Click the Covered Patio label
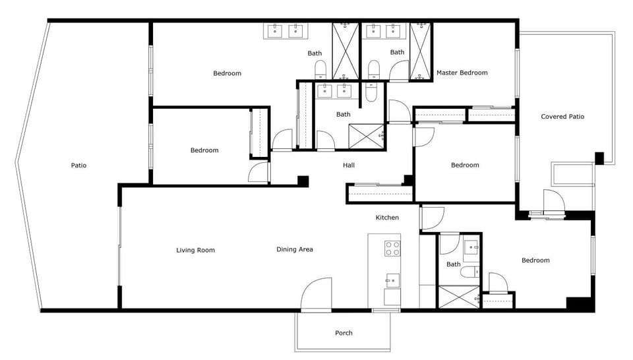point(562,117)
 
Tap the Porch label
point(344,333)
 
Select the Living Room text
point(195,250)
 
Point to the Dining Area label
point(294,249)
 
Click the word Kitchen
point(387,218)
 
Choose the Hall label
point(349,165)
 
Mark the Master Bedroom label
point(462,73)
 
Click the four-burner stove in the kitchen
point(392,249)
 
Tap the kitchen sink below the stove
point(392,280)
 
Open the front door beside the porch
point(316,295)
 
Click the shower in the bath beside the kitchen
point(460,296)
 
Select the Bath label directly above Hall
point(344,114)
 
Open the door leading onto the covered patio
point(553,200)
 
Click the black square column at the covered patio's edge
point(599,158)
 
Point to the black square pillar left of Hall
point(303,181)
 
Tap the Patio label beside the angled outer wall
point(78,165)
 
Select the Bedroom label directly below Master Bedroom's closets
point(465,165)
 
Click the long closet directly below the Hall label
point(380,194)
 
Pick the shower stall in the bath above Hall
point(365,135)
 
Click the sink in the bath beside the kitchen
point(471,248)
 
